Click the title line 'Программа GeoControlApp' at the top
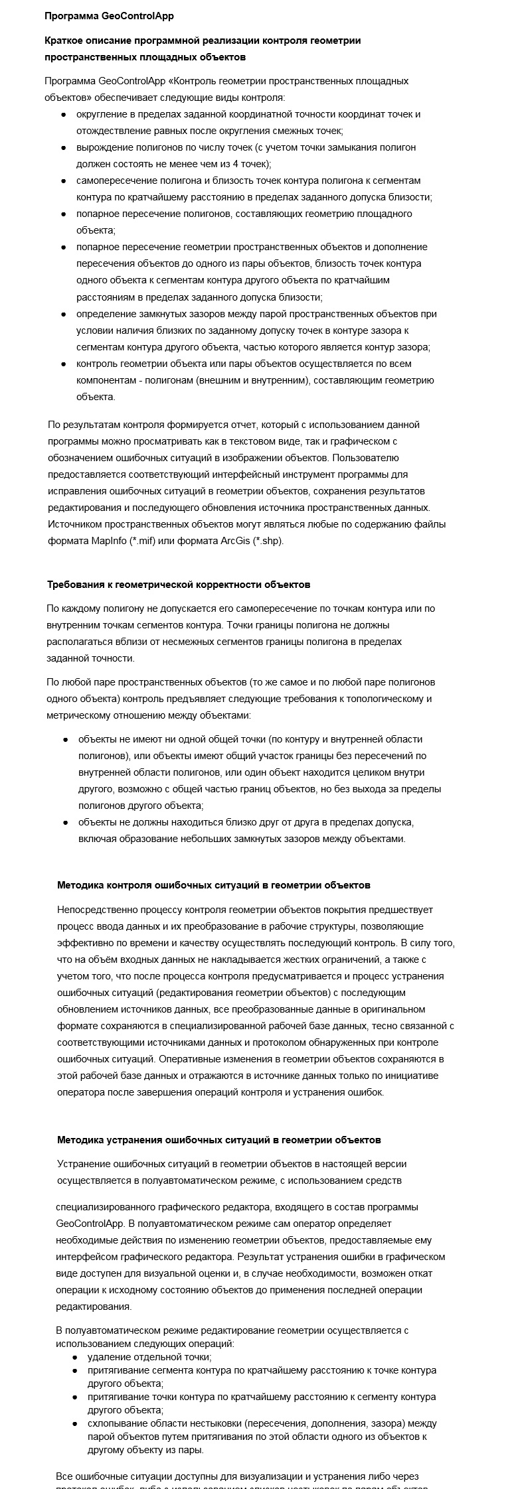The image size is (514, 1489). (x=109, y=16)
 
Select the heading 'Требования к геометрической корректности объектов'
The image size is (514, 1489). (x=178, y=585)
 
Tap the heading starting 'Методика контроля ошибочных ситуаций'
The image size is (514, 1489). (x=213, y=885)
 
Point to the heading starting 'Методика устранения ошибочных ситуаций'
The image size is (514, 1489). (x=218, y=1140)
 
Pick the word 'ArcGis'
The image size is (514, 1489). (x=235, y=541)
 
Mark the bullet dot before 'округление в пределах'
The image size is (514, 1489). (x=64, y=115)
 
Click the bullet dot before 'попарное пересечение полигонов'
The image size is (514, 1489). (x=64, y=214)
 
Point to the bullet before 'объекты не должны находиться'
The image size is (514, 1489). (x=66, y=822)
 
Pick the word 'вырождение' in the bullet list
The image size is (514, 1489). (x=102, y=147)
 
